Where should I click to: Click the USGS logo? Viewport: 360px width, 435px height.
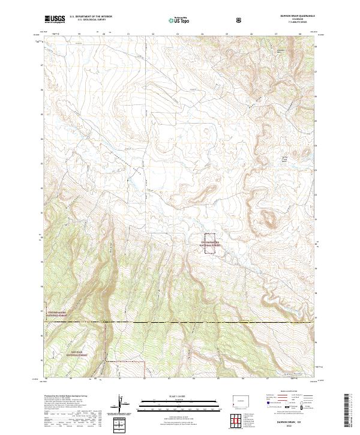(x=54, y=19)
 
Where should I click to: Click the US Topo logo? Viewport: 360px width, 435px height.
(x=178, y=20)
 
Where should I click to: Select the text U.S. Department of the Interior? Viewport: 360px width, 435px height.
(x=91, y=17)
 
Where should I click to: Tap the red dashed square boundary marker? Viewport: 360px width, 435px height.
(x=211, y=244)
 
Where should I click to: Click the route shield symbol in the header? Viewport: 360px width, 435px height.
(x=239, y=20)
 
